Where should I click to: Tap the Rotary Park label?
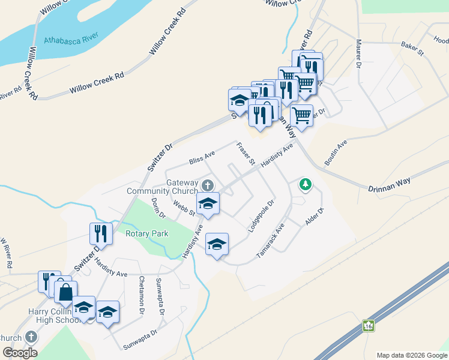pos(147,233)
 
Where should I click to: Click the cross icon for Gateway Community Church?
pos(208,184)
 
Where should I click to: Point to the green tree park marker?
pos(306,184)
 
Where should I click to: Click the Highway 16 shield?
pos(368,326)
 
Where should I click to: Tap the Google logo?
pos(20,353)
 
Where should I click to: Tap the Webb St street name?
pos(184,208)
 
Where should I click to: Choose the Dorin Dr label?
pos(158,208)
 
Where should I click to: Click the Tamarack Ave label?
pos(270,242)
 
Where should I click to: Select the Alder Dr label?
pos(315,217)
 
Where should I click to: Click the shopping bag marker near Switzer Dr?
pos(65,293)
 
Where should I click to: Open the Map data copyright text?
pos(411,355)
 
